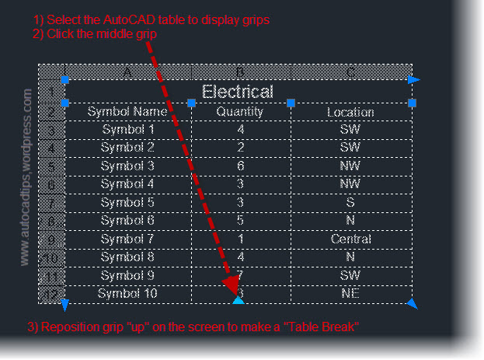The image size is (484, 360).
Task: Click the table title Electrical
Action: (x=237, y=92)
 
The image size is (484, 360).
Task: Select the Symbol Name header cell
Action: (x=127, y=112)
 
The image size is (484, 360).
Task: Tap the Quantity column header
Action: (x=241, y=112)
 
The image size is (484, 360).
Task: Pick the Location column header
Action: (x=350, y=112)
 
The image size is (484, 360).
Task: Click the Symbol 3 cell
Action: (x=127, y=166)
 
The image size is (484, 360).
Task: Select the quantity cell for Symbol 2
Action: (x=241, y=147)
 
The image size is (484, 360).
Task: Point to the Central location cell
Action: (x=350, y=239)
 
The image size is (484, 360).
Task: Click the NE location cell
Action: (x=350, y=293)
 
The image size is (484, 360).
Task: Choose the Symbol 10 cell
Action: (x=127, y=293)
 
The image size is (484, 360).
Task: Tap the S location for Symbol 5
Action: (x=350, y=202)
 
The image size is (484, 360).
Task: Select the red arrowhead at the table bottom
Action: (x=231, y=287)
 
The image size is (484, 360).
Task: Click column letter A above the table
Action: (x=127, y=72)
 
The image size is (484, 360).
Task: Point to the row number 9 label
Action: (x=51, y=239)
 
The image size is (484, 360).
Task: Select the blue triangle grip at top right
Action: (x=415, y=79)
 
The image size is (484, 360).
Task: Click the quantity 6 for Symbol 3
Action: (x=241, y=166)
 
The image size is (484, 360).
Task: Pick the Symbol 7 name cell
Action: (x=127, y=239)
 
